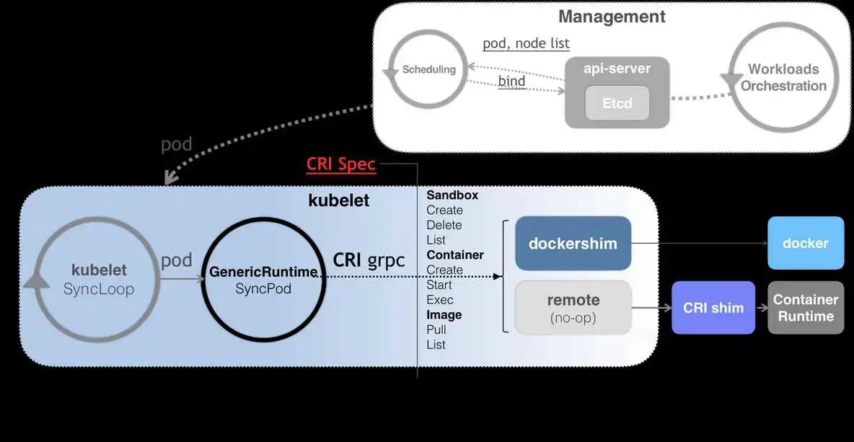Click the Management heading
(x=612, y=17)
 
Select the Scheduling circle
(x=428, y=69)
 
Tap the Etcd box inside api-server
(x=617, y=103)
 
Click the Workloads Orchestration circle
(x=783, y=77)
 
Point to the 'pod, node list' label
(x=526, y=43)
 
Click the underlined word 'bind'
(x=511, y=81)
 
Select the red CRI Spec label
(x=341, y=164)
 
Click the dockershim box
(x=573, y=243)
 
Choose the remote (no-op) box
(x=573, y=307)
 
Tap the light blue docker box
(x=805, y=243)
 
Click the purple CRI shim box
(x=713, y=308)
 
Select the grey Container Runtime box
(x=805, y=308)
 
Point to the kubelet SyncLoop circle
(x=99, y=279)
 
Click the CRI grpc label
(x=369, y=260)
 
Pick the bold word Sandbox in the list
(x=452, y=195)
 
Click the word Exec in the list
(x=440, y=300)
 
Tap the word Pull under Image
(x=436, y=330)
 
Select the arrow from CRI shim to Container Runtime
(x=761, y=308)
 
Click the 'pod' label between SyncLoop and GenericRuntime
(x=176, y=260)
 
